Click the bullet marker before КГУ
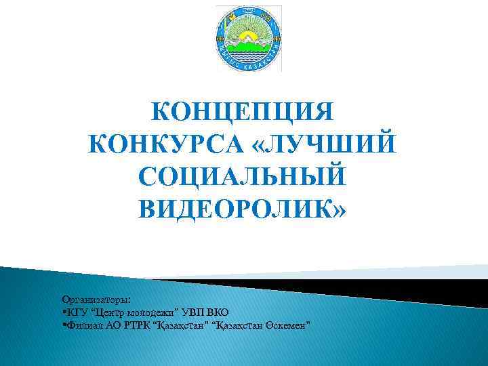pos(63,312)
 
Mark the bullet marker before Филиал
pos(63,325)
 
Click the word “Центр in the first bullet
pos(109,312)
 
